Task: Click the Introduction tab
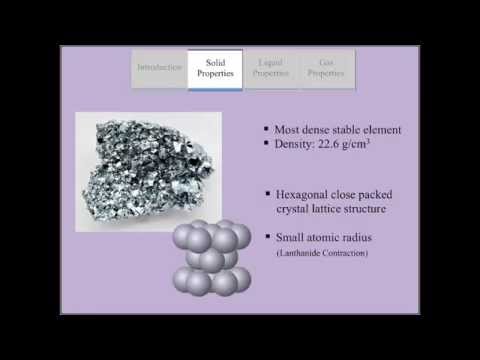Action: (159, 68)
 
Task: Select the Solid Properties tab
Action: (215, 68)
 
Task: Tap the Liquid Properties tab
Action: (271, 68)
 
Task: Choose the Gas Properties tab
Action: (326, 68)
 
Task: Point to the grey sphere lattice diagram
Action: (211, 257)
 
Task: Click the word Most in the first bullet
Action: (289, 129)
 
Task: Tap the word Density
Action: (297, 144)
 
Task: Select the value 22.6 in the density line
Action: (337, 144)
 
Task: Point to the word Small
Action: (290, 238)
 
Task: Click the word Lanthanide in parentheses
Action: (300, 254)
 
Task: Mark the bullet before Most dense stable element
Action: (265, 129)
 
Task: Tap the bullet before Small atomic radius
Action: (267, 238)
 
